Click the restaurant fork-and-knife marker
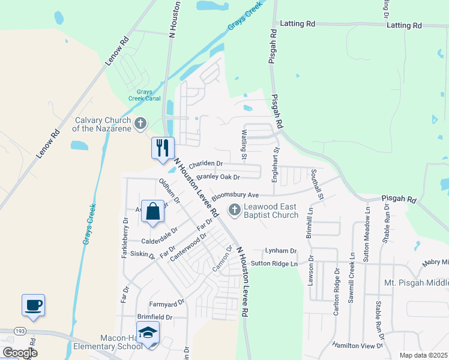pyautogui.click(x=162, y=148)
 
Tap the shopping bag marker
pyautogui.click(x=153, y=212)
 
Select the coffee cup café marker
pyautogui.click(x=34, y=305)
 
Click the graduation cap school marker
pyautogui.click(x=148, y=333)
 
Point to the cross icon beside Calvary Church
pyautogui.click(x=140, y=124)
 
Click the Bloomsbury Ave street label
pyautogui.click(x=235, y=195)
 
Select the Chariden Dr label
pyautogui.click(x=206, y=164)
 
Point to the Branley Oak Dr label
pyautogui.click(x=218, y=177)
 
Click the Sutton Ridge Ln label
pyautogui.click(x=274, y=263)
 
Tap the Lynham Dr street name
pyautogui.click(x=282, y=251)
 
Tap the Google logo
pyautogui.click(x=20, y=353)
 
